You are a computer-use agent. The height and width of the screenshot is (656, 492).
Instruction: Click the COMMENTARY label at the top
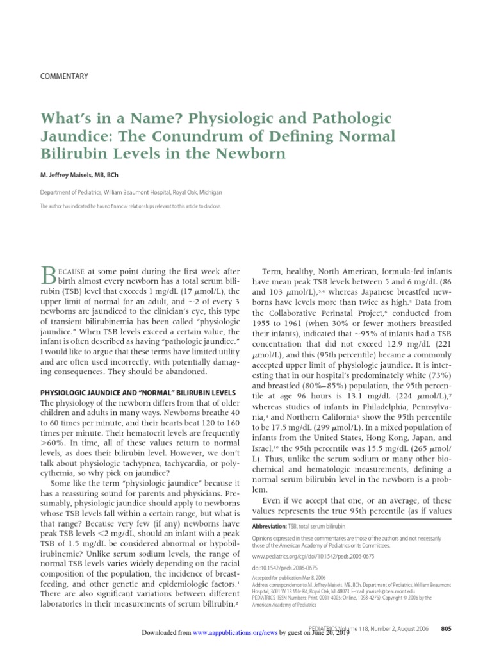[x=64, y=76]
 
